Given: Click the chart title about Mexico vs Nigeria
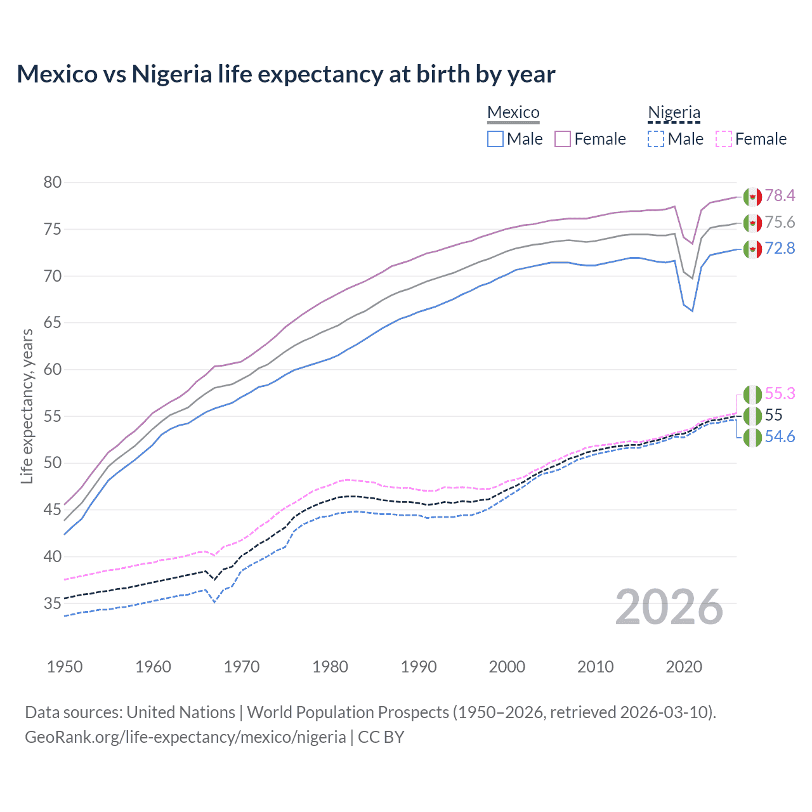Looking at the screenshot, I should [x=285, y=74].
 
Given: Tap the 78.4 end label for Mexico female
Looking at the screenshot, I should [x=780, y=195].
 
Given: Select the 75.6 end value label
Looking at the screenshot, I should [x=780, y=222].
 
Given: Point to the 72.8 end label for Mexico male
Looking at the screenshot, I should [x=780, y=248].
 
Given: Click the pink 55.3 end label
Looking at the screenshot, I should [x=780, y=394].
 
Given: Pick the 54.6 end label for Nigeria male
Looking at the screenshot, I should [x=780, y=437].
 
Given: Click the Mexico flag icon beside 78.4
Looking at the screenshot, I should [x=752, y=197].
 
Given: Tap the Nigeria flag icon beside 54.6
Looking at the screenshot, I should [x=752, y=438].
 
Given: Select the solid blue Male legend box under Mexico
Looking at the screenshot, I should [x=495, y=139].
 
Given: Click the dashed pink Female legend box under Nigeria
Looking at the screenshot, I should [x=724, y=139].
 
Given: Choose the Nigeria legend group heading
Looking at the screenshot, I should [x=674, y=113].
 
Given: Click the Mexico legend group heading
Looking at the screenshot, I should [x=513, y=113].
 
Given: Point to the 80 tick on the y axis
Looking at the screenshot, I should [x=53, y=183].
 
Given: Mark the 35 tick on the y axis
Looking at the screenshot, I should [x=53, y=603].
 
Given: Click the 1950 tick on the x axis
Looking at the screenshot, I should [x=65, y=667].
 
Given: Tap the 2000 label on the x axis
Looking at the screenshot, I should [x=507, y=667].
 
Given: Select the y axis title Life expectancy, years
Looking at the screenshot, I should [x=27, y=406].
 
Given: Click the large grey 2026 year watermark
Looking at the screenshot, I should [x=669, y=607].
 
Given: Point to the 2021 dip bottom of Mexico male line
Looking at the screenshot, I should [x=692, y=311].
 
